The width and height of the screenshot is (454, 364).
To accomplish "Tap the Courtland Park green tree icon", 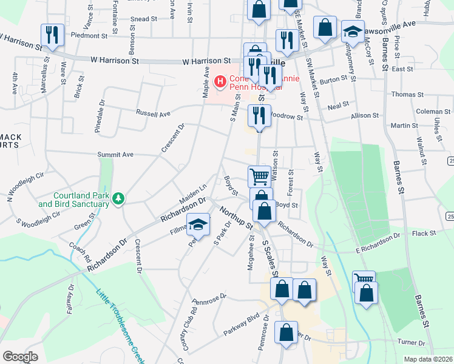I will point(120,198).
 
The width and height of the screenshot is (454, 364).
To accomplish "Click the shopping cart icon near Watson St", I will point(259,177).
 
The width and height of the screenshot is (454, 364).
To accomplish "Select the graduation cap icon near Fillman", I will point(197,225).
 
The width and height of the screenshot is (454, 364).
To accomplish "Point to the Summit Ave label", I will point(115,155).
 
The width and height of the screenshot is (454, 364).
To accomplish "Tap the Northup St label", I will point(237,218).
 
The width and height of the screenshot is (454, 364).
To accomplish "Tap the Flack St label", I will point(424,233).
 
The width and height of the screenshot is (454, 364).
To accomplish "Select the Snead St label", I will point(144,19).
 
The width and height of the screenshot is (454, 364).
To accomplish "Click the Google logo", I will point(20,357).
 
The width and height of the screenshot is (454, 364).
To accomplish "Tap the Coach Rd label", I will point(81,251).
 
